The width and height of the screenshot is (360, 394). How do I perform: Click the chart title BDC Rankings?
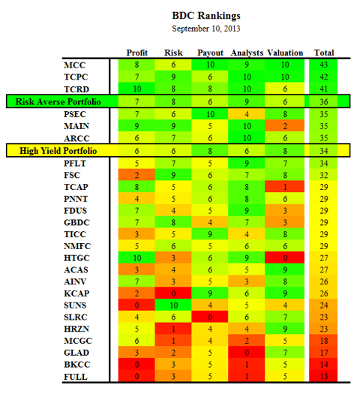click(206, 16)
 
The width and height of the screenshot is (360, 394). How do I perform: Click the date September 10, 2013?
click(206, 29)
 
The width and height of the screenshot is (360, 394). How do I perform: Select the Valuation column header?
click(285, 53)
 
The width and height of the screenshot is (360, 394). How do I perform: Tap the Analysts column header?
click(247, 53)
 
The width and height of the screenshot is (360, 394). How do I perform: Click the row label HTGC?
click(76, 258)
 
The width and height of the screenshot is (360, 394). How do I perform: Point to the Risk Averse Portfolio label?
click(58, 102)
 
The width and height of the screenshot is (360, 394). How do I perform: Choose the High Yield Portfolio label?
click(58, 151)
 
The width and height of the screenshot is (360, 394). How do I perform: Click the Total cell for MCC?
click(323, 65)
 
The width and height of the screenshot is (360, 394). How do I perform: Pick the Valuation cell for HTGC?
click(285, 258)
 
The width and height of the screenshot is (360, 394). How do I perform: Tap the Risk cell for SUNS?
click(173, 305)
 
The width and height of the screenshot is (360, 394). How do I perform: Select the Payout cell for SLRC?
click(210, 317)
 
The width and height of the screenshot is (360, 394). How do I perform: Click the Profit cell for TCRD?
click(136, 89)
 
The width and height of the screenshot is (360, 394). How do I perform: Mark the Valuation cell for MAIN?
click(285, 126)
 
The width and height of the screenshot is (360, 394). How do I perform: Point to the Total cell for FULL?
click(323, 376)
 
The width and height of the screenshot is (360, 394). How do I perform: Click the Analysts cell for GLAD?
click(247, 353)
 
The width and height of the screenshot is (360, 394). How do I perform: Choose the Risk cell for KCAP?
click(173, 293)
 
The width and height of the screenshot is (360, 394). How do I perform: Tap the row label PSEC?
click(75, 114)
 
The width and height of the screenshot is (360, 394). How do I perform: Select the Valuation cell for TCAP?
click(285, 187)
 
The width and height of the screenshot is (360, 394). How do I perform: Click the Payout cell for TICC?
click(210, 234)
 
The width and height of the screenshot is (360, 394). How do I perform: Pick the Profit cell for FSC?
click(136, 175)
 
